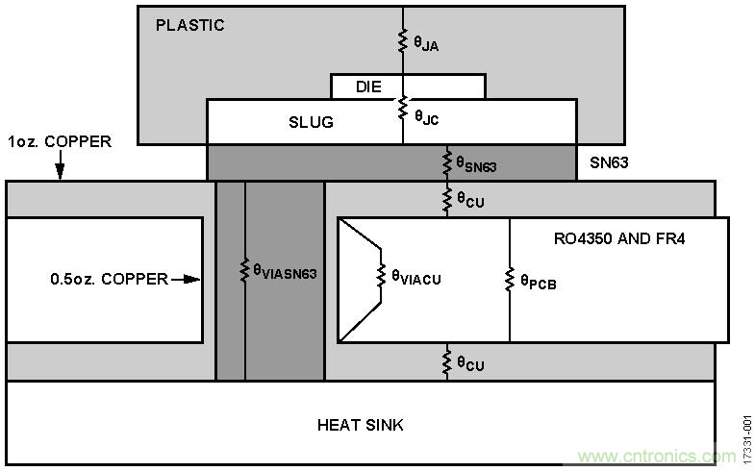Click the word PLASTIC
189,26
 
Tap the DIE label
368,87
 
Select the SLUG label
310,122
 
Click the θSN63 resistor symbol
446,162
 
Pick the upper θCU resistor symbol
446,199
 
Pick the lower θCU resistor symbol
446,362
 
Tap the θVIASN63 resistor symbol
245,272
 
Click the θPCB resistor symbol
510,279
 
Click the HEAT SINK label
361,424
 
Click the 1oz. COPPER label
59,142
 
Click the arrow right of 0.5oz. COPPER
187,280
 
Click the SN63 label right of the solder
609,162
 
